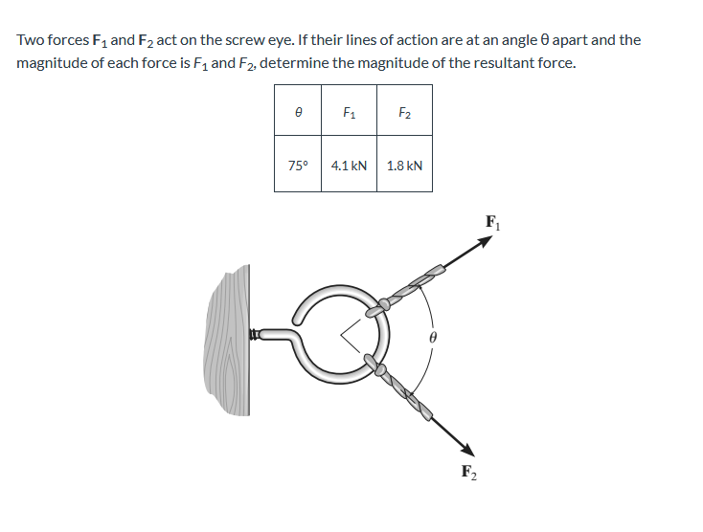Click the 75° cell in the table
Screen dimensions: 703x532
click(298, 166)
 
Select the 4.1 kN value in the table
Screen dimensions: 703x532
click(349, 166)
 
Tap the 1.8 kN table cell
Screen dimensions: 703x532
click(404, 166)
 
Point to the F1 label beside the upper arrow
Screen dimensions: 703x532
click(492, 223)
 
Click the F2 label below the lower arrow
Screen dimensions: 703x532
click(467, 471)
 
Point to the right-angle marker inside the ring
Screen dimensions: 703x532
click(350, 334)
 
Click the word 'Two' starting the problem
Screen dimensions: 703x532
click(29, 40)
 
